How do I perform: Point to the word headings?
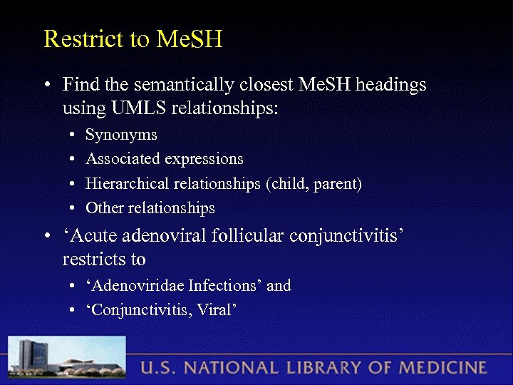[390, 85]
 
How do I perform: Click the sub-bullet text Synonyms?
[121, 135]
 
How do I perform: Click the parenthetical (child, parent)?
[314, 184]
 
